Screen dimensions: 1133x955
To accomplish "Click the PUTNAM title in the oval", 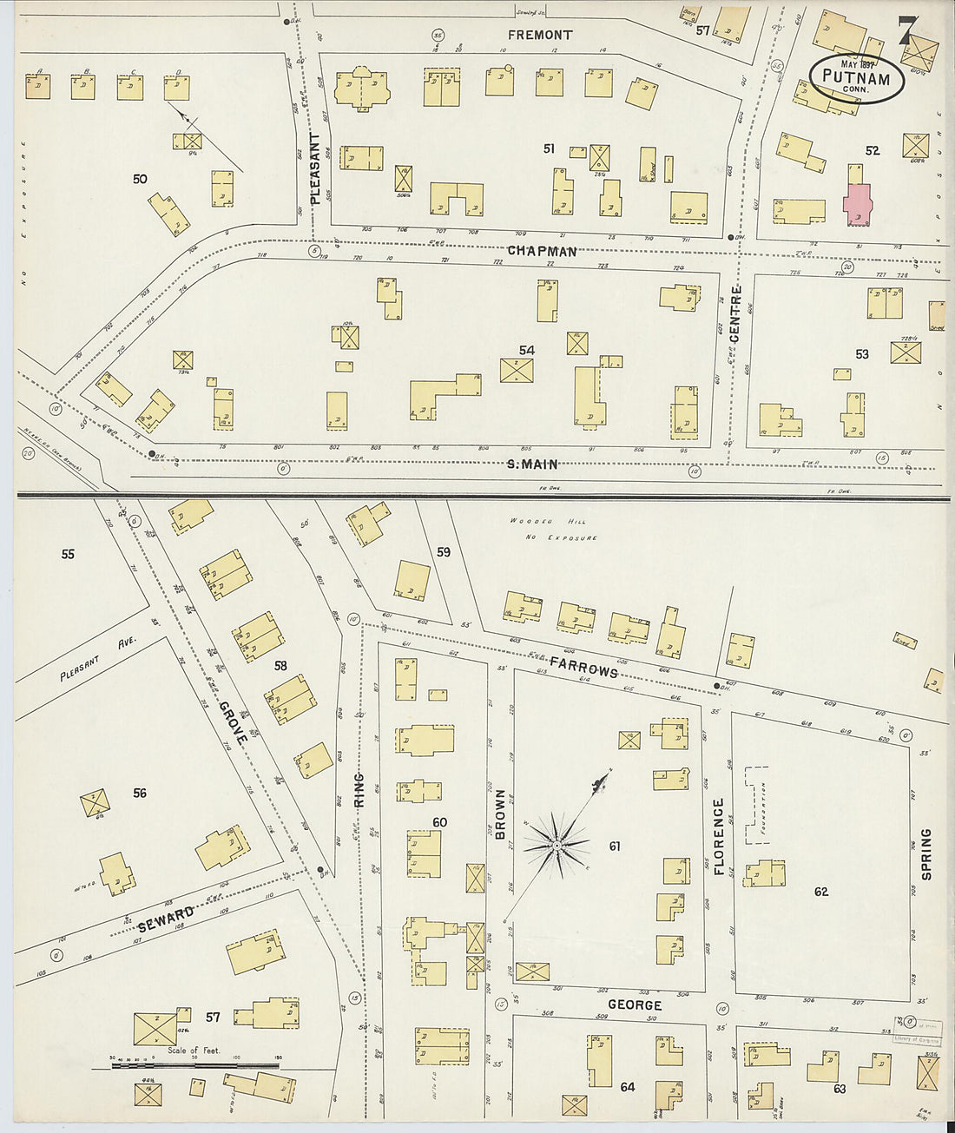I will [856, 79].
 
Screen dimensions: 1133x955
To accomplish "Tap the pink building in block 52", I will [858, 205].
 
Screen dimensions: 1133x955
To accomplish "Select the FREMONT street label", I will [540, 36].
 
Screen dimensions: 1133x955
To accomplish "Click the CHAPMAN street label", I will [542, 252].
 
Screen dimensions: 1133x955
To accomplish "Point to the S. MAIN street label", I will [532, 464].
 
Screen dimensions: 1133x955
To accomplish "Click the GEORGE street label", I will [634, 1005].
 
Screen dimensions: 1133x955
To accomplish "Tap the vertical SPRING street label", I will [925, 853].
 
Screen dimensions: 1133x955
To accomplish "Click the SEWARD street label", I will [165, 919].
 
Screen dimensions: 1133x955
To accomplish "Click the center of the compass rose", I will [556, 843].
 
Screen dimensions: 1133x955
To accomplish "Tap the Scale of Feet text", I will [194, 1050].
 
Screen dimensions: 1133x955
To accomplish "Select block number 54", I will [526, 351].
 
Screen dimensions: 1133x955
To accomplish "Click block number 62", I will [821, 892].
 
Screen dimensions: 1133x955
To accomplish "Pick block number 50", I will [140, 179].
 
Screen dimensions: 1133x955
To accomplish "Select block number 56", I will [140, 792].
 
